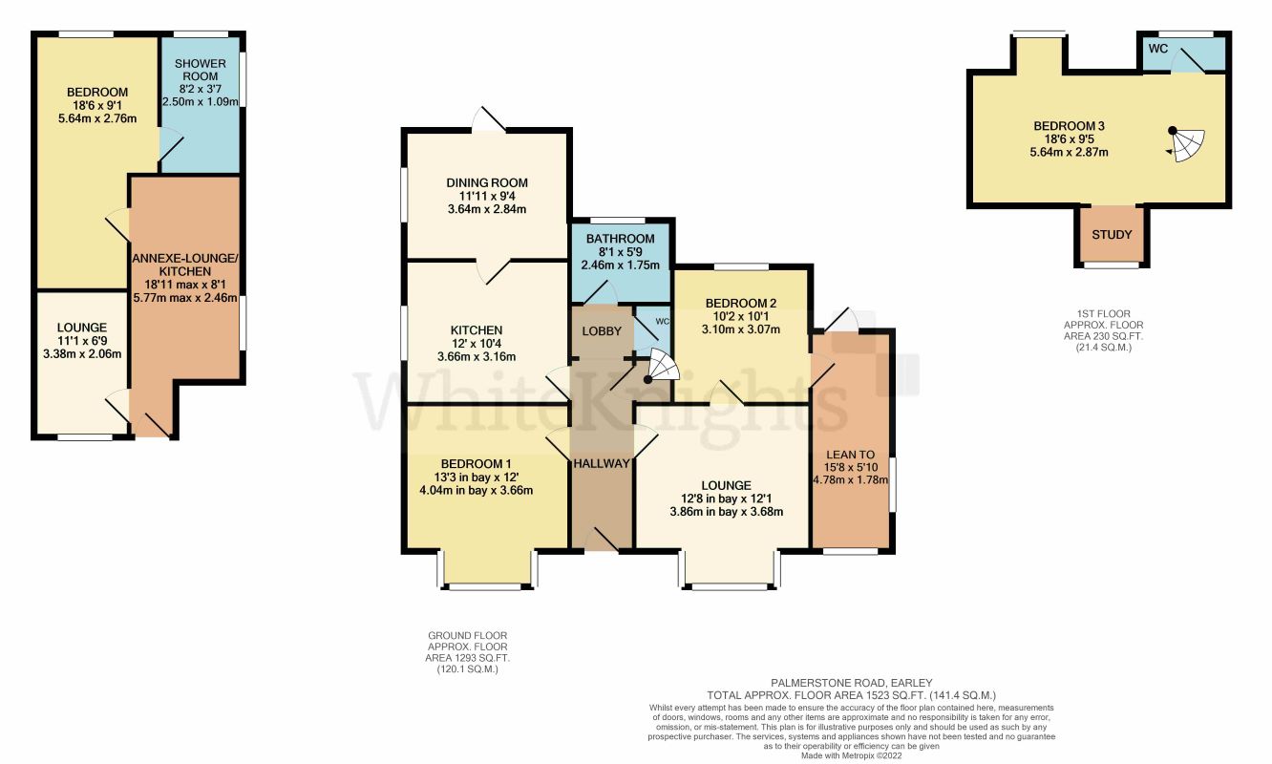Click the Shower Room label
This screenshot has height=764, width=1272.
[200, 70]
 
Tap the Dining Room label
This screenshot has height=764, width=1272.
[487, 183]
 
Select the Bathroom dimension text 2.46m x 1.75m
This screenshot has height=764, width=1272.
[620, 265]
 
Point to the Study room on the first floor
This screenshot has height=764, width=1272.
[1112, 234]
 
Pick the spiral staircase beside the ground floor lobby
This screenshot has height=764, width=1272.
[662, 367]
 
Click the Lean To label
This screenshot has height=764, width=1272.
[850, 455]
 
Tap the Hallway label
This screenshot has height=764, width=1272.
[602, 463]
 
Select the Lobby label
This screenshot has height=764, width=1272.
[602, 331]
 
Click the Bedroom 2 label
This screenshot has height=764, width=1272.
[740, 304]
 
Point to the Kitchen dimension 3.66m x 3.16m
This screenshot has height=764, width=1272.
[477, 357]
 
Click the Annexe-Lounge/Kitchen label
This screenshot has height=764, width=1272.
[185, 265]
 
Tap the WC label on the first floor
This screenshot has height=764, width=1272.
[1157, 49]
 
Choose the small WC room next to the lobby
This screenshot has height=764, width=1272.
[652, 330]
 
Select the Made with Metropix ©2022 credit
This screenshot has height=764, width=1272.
[851, 756]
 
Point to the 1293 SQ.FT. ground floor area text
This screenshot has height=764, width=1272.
[467, 658]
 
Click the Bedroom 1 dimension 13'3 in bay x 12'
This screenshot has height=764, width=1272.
[476, 477]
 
